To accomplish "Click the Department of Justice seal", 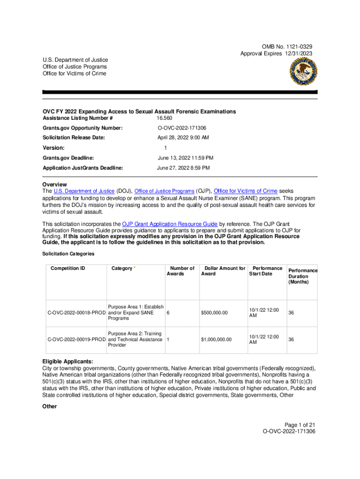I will (302, 73).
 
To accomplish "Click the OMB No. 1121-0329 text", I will (287, 47).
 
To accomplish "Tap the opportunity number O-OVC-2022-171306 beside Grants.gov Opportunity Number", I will (182, 128).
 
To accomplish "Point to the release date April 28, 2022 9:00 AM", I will (183, 138).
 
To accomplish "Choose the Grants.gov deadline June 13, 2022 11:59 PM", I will (185, 158).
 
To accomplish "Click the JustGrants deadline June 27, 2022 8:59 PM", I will (183, 167).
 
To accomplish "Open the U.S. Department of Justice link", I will (84, 191).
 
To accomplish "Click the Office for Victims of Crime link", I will (245, 191).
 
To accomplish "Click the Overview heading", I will (54, 184).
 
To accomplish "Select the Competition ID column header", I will (68, 269).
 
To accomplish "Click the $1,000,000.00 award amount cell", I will (216, 340).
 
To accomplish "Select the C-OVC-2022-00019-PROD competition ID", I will (77, 340).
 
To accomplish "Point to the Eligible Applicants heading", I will (67, 362).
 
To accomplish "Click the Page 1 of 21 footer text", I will (297, 424).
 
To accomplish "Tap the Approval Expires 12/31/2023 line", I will (276, 54).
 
